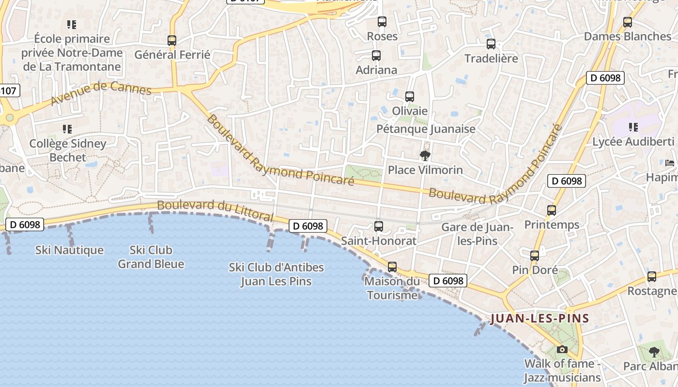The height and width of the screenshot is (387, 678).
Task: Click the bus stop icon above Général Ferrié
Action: click(x=172, y=41)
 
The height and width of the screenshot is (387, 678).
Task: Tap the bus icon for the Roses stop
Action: click(x=382, y=22)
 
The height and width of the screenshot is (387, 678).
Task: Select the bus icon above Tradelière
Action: click(x=491, y=44)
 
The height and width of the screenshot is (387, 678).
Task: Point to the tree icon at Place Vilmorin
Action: click(x=425, y=155)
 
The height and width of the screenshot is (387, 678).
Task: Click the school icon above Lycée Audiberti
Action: click(x=633, y=127)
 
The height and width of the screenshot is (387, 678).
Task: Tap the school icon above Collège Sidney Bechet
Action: click(x=67, y=129)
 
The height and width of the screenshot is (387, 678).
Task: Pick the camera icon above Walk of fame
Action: click(x=562, y=349)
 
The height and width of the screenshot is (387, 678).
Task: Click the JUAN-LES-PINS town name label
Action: click(x=539, y=319)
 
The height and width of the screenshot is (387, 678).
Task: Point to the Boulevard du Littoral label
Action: click(x=215, y=211)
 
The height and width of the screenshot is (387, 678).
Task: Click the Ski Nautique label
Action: click(x=69, y=250)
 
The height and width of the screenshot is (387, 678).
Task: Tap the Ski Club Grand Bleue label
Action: click(x=151, y=257)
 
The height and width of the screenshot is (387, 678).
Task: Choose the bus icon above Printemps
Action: click(x=552, y=210)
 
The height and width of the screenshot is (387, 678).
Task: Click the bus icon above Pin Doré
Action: click(x=535, y=256)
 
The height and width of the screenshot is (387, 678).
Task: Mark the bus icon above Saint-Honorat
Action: click(x=379, y=226)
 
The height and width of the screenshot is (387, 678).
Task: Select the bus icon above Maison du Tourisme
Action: click(x=392, y=267)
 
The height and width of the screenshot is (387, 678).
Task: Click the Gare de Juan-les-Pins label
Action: click(x=478, y=234)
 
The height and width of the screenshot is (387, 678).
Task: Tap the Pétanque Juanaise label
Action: click(x=426, y=129)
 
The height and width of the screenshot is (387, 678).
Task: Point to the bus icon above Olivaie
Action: click(x=410, y=97)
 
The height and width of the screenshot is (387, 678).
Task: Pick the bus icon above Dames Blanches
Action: click(x=628, y=22)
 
